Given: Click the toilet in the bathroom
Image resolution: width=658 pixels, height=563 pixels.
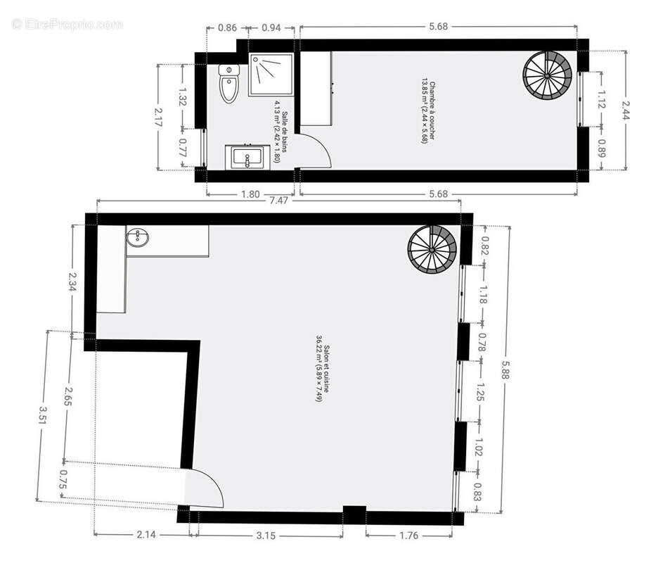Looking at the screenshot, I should (x=230, y=83).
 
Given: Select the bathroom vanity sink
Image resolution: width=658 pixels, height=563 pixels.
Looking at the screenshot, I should (x=245, y=157).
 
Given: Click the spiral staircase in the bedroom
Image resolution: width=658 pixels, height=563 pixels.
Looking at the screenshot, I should (x=547, y=74).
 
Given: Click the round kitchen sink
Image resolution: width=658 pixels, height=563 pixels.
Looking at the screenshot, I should (x=137, y=238).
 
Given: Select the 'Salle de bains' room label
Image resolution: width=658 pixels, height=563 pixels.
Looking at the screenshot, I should (x=281, y=132).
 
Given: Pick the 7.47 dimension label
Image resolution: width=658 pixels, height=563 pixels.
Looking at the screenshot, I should (x=278, y=200).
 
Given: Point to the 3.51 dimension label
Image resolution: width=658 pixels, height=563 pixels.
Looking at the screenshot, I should (x=44, y=415).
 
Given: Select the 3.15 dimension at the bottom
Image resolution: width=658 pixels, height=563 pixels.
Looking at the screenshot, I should (x=265, y=536).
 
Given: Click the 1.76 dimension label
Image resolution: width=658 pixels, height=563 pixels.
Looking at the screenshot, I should (x=408, y=536).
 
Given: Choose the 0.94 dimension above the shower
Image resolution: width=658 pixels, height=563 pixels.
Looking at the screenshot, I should (x=271, y=28).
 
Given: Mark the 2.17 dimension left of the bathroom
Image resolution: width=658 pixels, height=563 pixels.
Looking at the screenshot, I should (x=160, y=116).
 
